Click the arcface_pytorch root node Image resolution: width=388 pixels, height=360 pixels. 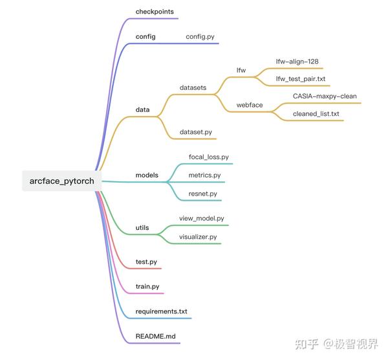tap(57, 181)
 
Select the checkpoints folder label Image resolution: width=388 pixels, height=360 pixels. tap(155, 12)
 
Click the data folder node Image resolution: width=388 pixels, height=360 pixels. tap(142, 109)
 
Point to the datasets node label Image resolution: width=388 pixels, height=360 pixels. tap(193, 87)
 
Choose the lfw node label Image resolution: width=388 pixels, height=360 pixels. tap(242, 69)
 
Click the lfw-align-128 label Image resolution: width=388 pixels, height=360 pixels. tap(297, 62)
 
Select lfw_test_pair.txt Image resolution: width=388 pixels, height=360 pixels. tap(300, 79)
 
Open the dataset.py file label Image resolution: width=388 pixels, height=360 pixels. tap(196, 132)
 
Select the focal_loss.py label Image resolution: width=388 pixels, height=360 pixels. tap(208, 157)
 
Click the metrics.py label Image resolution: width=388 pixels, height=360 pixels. tap(204, 175)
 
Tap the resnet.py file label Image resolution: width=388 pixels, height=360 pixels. tap(202, 193)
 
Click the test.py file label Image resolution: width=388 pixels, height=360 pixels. tap(146, 262)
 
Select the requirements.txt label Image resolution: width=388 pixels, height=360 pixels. tap(161, 311)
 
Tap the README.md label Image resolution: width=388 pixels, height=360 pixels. tap(155, 337)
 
